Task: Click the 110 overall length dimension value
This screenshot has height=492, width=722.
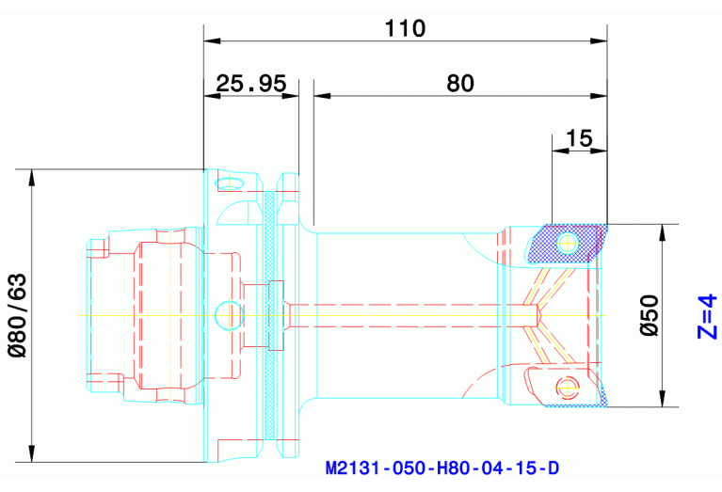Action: [405, 27]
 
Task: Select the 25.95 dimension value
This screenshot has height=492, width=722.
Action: [250, 83]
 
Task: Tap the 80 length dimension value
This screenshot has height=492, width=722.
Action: [459, 83]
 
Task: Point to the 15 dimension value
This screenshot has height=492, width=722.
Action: [579, 138]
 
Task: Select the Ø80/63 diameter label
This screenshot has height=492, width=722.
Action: [18, 315]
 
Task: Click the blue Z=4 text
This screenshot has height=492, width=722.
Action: [708, 315]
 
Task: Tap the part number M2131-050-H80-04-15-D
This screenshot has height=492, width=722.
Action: [441, 468]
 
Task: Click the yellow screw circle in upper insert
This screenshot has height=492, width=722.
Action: [567, 242]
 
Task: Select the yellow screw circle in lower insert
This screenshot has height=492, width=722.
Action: [565, 385]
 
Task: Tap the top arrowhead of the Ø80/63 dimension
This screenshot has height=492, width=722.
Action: [33, 176]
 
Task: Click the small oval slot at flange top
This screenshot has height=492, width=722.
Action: [229, 183]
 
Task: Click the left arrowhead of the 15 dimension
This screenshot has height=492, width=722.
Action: [556, 151]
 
